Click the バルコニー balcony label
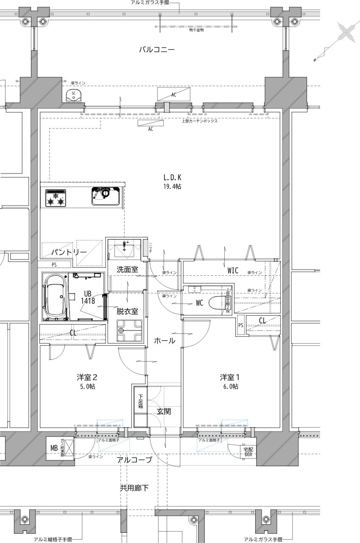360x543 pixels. pyautogui.click(x=157, y=50)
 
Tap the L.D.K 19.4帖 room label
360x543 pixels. pyautogui.click(x=172, y=182)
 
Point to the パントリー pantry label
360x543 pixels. pyautogui.click(x=69, y=252)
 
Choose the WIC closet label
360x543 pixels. pyautogui.click(x=233, y=270)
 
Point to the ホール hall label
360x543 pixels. pyautogui.click(x=165, y=341)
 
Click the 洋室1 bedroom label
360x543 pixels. pyautogui.click(x=229, y=381)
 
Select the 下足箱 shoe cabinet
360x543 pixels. pyautogui.click(x=140, y=406)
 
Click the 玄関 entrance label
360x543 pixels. pyautogui.click(x=164, y=411)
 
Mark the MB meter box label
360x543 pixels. pyautogui.click(x=54, y=448)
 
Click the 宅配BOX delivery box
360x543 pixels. pyautogui.click(x=247, y=451)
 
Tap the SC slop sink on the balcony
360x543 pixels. pyautogui.click(x=74, y=96)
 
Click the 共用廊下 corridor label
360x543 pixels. pyautogui.click(x=134, y=488)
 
